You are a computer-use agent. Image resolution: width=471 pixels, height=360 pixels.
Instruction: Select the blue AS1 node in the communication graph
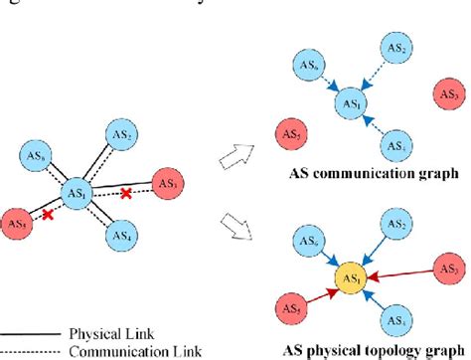(352, 101)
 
